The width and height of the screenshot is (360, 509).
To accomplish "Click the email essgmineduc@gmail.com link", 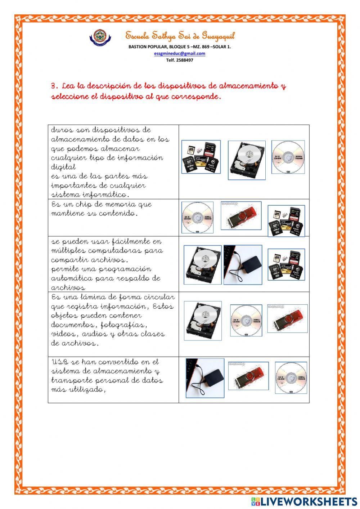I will click(180, 53).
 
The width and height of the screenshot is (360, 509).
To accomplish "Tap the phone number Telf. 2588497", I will click(180, 60).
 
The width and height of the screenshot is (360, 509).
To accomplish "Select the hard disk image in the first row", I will click(247, 160).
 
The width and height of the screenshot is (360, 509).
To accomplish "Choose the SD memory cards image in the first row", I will click(201, 157).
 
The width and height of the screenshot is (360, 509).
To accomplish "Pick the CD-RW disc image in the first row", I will click(288, 157).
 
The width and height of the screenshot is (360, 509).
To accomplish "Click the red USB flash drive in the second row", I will click(241, 216).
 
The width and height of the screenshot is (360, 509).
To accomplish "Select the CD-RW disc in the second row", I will click(197, 218).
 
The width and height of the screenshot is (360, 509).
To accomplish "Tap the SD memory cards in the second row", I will click(286, 221).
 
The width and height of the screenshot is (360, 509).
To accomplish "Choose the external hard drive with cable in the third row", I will click(243, 265).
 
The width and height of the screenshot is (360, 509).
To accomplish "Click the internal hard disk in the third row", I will click(202, 265).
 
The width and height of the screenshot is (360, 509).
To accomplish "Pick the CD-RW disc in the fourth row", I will click(246, 321).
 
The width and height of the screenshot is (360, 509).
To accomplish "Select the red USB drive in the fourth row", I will click(287, 319).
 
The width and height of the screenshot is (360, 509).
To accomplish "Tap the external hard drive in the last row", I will click(204, 378).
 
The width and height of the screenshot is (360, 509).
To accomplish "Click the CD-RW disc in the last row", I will click(291, 378).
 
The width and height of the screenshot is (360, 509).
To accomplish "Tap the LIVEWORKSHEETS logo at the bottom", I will click(304, 501).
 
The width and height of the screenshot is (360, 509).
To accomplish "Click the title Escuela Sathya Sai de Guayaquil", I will click(180, 36).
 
